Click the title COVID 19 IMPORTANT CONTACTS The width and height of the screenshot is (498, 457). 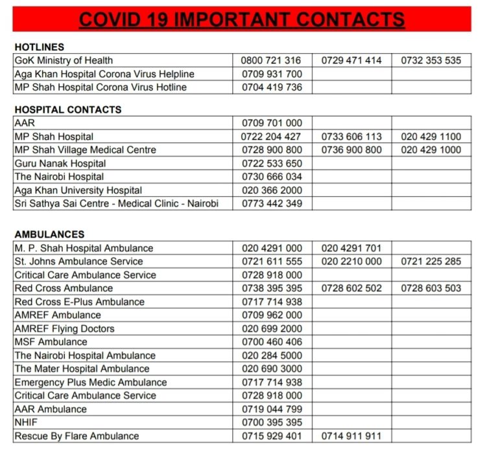pyautogui.click(x=242, y=19)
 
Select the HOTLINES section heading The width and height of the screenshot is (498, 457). pyautogui.click(x=39, y=47)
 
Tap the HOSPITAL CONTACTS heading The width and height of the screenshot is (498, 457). pyautogui.click(x=67, y=109)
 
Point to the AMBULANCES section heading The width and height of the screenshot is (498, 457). pyautogui.click(x=49, y=234)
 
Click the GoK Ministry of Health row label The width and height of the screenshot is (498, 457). pyautogui.click(x=64, y=60)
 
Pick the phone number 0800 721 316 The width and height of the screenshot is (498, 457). pyautogui.click(x=271, y=60)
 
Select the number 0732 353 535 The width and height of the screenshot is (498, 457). pyautogui.click(x=431, y=60)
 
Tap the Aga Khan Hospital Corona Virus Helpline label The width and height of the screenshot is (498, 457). pyautogui.click(x=104, y=74)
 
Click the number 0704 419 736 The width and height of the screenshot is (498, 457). pyautogui.click(x=271, y=87)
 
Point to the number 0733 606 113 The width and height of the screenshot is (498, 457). pyautogui.click(x=351, y=137)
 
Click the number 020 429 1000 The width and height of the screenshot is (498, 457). pyautogui.click(x=431, y=150)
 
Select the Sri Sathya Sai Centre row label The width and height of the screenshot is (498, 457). pyautogui.click(x=116, y=203)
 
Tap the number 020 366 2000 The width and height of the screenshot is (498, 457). pyautogui.click(x=271, y=190)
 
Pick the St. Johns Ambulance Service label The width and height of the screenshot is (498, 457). pyautogui.click(x=78, y=262)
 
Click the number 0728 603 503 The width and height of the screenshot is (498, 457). pyautogui.click(x=431, y=288)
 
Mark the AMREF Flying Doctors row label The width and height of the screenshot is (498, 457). pyautogui.click(x=64, y=328)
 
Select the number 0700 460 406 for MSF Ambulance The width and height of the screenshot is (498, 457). pyautogui.click(x=271, y=342)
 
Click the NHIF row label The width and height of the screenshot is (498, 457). pyautogui.click(x=26, y=422)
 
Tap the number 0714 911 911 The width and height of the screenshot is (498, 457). pyautogui.click(x=351, y=436)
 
